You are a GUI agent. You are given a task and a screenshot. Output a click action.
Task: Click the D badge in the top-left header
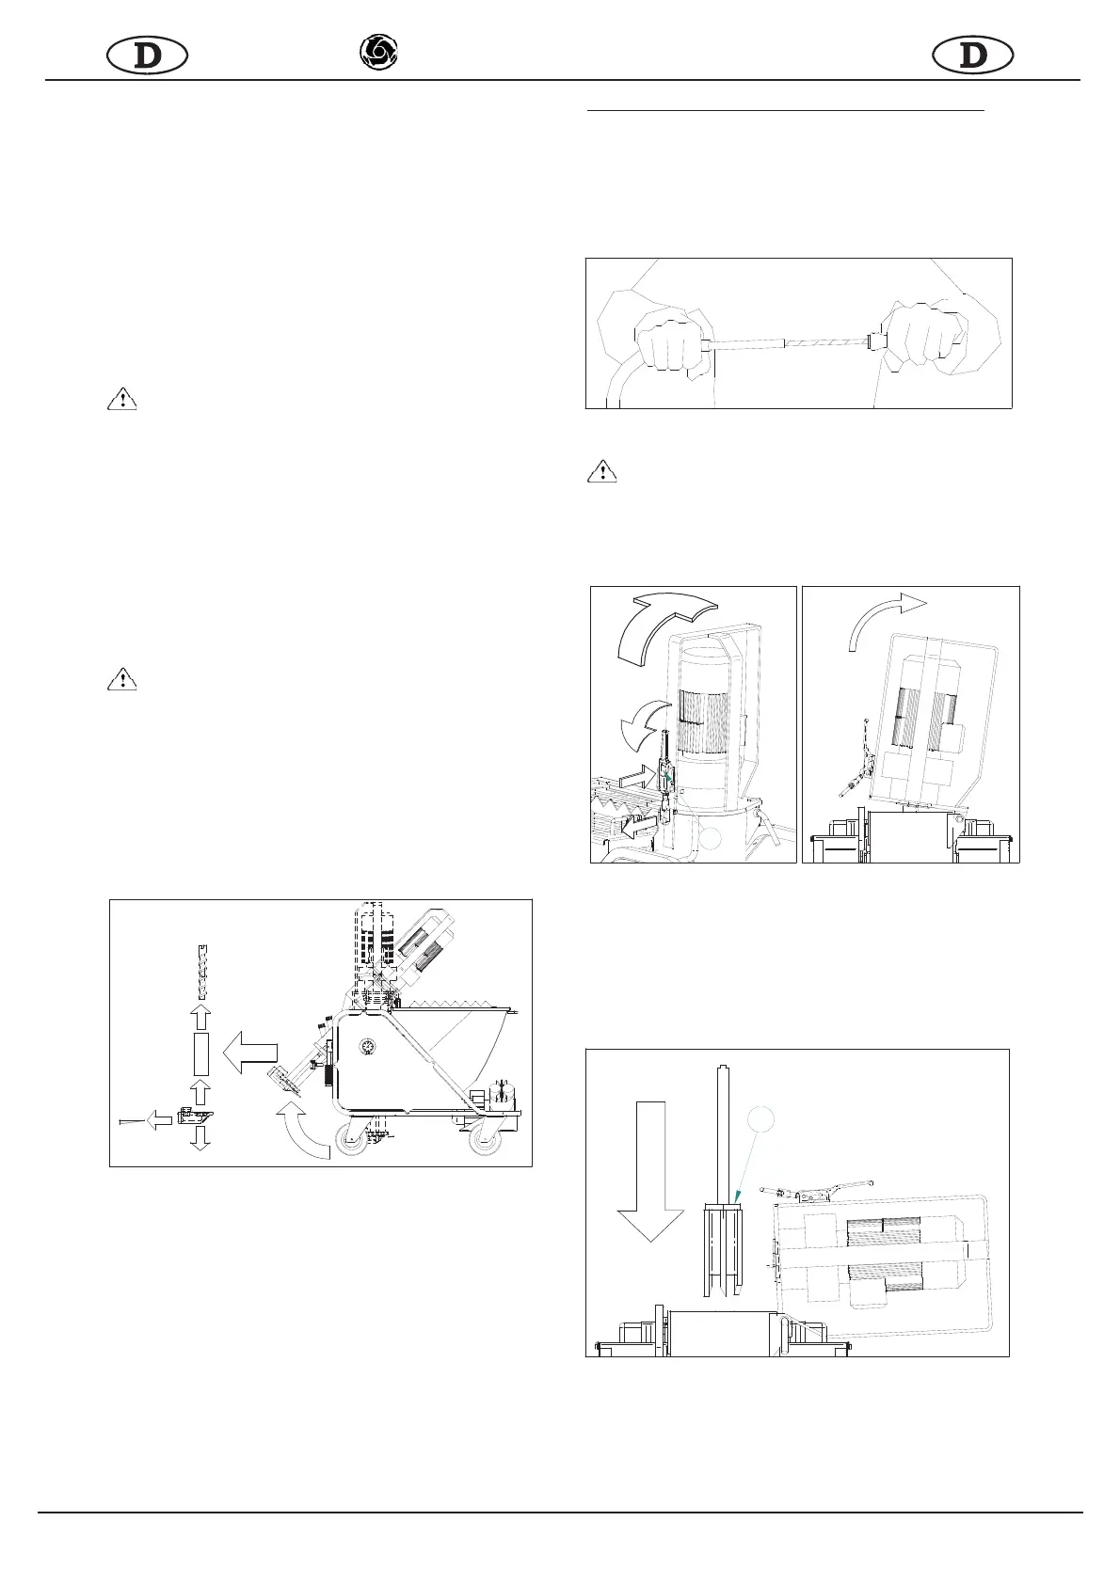147,56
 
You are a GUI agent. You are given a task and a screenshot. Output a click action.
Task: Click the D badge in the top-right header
972,56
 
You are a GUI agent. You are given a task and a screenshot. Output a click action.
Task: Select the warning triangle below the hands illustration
601,470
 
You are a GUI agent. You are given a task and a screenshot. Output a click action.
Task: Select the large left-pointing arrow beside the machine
250,1051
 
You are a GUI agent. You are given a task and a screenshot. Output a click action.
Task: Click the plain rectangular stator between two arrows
200,1053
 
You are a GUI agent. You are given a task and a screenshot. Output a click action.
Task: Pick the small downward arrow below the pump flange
200,1137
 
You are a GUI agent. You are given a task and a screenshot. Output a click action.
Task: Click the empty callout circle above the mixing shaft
760,1118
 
